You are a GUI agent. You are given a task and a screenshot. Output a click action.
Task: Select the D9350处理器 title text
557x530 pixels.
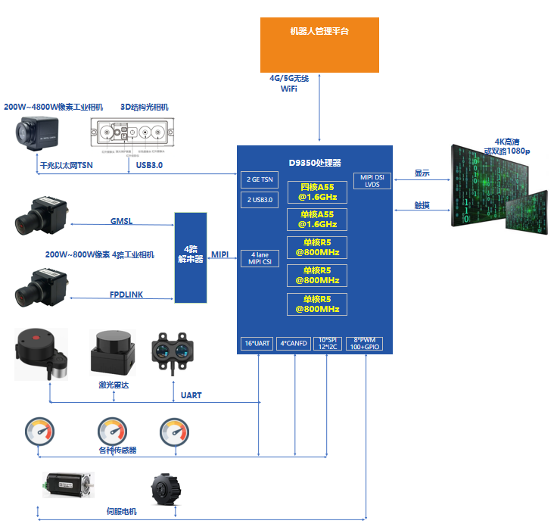tap(315, 163)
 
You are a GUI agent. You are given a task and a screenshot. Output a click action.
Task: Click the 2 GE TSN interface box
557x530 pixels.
tap(260, 180)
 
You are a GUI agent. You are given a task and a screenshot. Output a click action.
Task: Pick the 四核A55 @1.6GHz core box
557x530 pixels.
tap(317, 192)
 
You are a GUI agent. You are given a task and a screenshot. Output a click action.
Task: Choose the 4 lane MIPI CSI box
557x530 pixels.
tap(260, 258)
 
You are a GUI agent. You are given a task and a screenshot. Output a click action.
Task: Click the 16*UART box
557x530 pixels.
tap(257, 343)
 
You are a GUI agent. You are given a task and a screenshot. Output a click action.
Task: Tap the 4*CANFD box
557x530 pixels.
tap(293, 343)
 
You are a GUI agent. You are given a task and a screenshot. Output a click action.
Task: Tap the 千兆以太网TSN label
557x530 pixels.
tap(66, 164)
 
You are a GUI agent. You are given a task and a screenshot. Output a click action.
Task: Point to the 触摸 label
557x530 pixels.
tap(422, 204)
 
